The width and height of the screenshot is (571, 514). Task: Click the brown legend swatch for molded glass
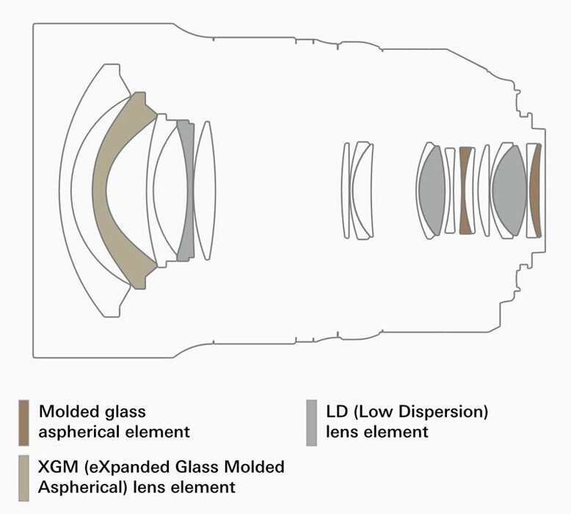pyautogui.click(x=24, y=422)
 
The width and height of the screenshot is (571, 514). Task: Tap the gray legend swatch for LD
pyautogui.click(x=311, y=422)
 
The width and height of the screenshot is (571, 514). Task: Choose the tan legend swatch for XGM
pyautogui.click(x=24, y=477)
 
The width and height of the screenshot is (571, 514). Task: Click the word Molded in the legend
pyautogui.click(x=65, y=411)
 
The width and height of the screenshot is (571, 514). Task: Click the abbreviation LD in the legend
pyautogui.click(x=337, y=411)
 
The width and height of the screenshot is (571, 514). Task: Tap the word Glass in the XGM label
pyautogui.click(x=197, y=468)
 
